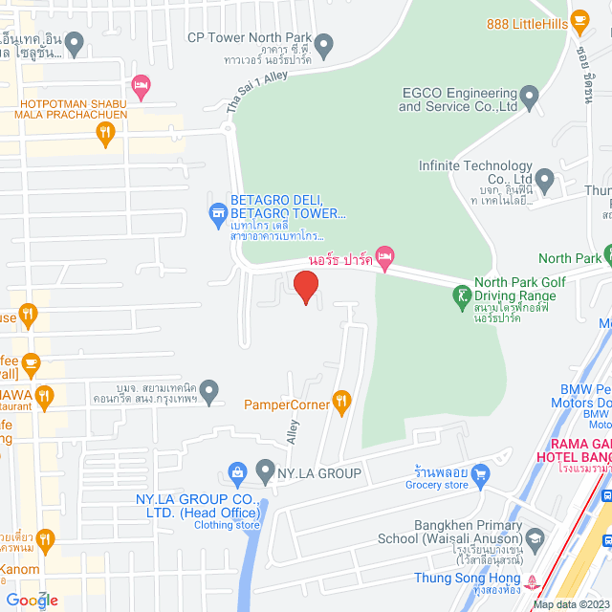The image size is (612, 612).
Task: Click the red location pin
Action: [x=304, y=287]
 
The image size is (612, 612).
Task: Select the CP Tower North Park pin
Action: [x=324, y=42]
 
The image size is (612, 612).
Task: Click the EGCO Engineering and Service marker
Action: [x=529, y=96]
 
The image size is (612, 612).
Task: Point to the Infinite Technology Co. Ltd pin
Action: [x=545, y=178]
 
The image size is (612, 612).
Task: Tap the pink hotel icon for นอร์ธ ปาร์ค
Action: [x=384, y=255]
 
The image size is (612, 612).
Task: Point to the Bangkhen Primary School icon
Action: [x=535, y=536]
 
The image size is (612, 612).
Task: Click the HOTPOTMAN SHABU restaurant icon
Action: [x=106, y=135]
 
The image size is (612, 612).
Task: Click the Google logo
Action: [x=30, y=600]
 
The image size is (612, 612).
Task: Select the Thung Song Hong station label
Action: [x=468, y=578]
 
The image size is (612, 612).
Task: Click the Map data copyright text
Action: [x=571, y=604]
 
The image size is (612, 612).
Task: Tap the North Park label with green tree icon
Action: [x=569, y=258]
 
